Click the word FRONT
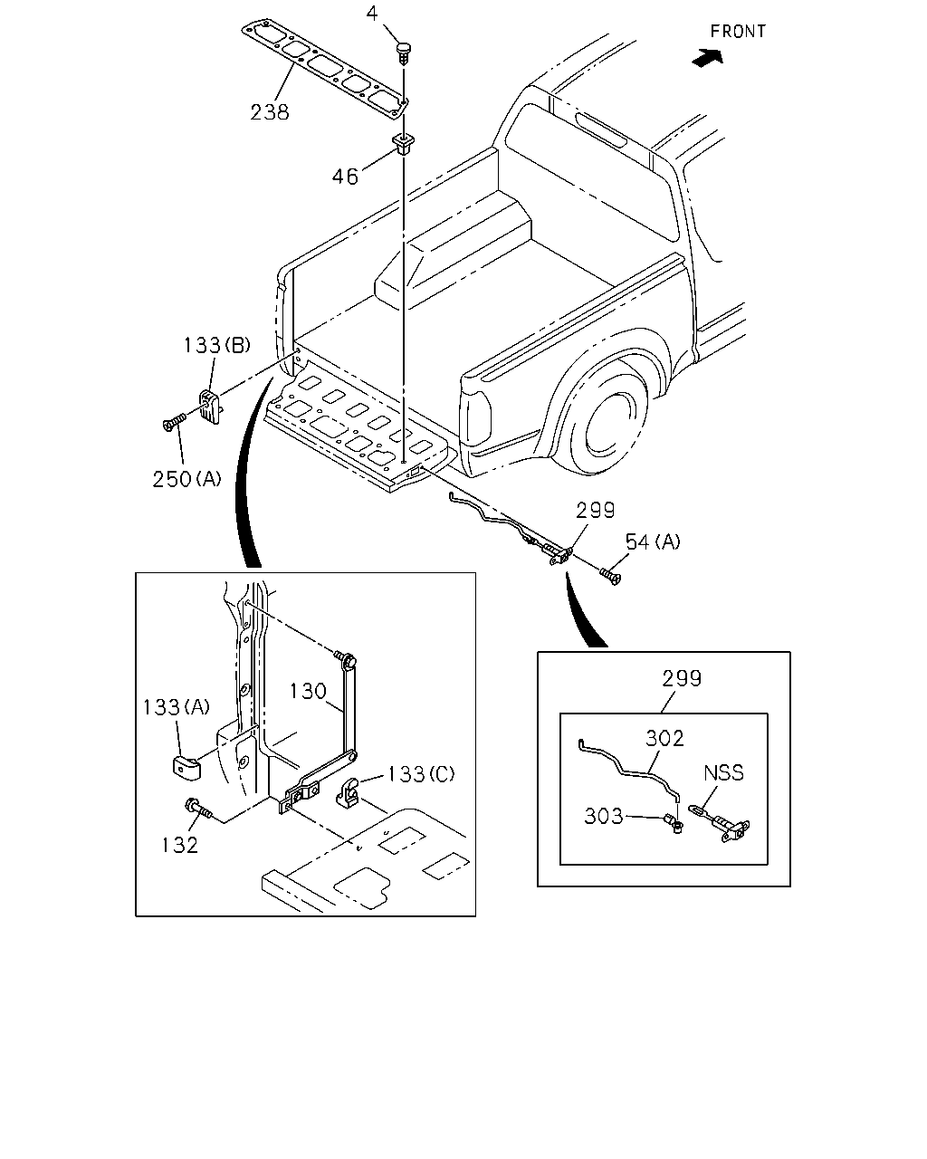(738, 32)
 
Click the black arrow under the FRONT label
(707, 57)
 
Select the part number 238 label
(270, 112)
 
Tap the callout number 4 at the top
(372, 14)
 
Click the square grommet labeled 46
(404, 144)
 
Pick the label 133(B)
(217, 345)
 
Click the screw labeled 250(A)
(174, 422)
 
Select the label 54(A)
(653, 541)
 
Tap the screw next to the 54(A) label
(610, 576)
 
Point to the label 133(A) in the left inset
(177, 707)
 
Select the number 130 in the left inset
(308, 691)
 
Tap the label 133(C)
(421, 774)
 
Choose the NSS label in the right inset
(723, 773)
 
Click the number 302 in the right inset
(664, 738)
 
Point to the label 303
(604, 817)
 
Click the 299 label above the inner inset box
(682, 678)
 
